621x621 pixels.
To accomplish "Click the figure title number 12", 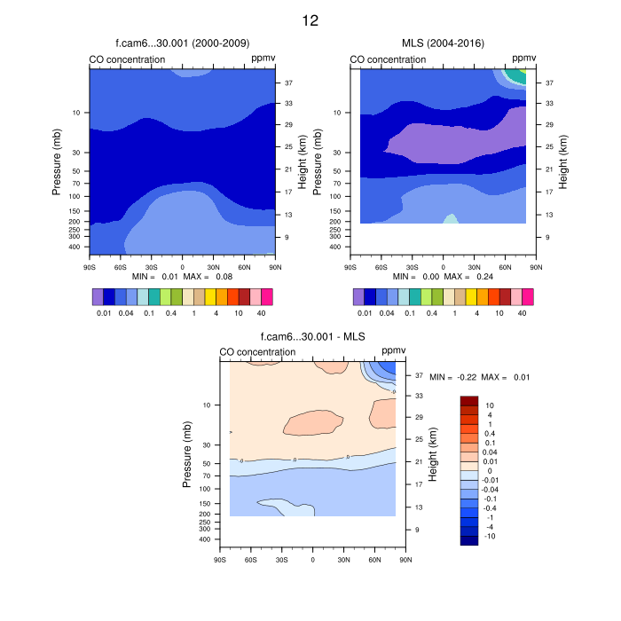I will click(x=310, y=20).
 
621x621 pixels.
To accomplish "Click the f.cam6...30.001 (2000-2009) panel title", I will click(x=182, y=43).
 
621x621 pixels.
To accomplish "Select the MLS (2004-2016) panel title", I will click(x=443, y=43).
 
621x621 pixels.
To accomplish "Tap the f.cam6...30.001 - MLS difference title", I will click(x=312, y=337).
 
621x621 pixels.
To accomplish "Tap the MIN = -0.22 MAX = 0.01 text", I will click(x=479, y=378).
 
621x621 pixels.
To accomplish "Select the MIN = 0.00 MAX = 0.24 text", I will click(x=443, y=277).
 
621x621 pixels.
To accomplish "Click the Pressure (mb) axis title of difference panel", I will click(x=187, y=454).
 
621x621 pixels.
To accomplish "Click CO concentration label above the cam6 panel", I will click(x=127, y=59).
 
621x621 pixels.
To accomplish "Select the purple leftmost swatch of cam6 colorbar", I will click(x=98, y=296).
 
